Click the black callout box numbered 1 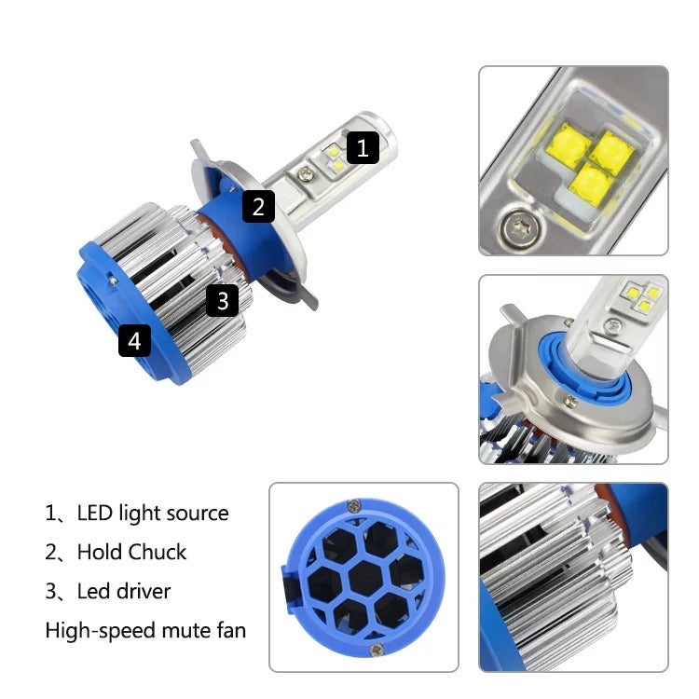[x=363, y=147]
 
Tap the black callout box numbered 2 [x=258, y=206]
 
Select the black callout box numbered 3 [x=223, y=300]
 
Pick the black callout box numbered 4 [x=134, y=340]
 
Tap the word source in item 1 [x=196, y=514]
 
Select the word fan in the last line [x=231, y=630]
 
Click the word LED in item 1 [x=94, y=513]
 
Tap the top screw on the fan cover [x=354, y=505]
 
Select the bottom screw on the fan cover [x=377, y=650]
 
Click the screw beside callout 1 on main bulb [x=305, y=172]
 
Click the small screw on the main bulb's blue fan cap [x=113, y=280]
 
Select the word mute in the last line [x=185, y=631]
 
